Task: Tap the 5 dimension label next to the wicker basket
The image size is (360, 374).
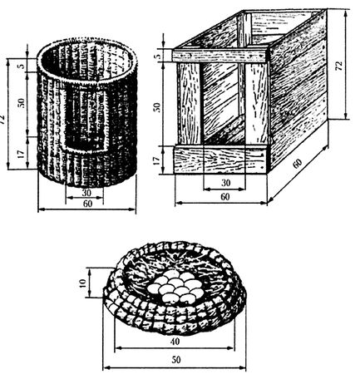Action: [x=22, y=66]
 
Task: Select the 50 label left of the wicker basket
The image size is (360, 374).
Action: [x=22, y=102]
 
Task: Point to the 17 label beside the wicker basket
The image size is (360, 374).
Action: [x=22, y=154]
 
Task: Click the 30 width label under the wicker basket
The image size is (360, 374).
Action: [x=87, y=192]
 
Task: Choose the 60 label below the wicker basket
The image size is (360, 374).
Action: [x=87, y=204]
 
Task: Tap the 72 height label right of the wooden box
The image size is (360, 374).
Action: [x=339, y=65]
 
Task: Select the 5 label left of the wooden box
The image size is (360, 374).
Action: [x=157, y=56]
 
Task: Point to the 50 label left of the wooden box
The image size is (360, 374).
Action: [x=157, y=107]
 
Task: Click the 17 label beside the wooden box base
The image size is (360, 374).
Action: [x=157, y=160]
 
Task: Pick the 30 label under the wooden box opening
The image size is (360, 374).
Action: [x=226, y=183]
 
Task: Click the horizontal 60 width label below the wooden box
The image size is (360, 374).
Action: [x=224, y=197]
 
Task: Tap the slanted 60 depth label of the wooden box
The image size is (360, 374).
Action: [x=298, y=164]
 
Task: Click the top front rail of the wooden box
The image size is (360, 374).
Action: [x=219, y=56]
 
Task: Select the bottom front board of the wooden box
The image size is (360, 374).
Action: [x=221, y=160]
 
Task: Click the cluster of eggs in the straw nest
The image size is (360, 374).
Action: [x=175, y=287]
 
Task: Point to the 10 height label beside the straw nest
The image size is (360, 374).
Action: [x=83, y=283]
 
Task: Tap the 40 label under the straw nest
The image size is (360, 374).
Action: [x=175, y=342]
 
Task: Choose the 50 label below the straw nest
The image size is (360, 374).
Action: [x=176, y=360]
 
